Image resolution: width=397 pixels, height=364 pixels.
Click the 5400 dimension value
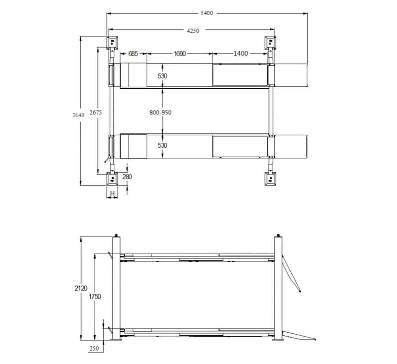(207, 13)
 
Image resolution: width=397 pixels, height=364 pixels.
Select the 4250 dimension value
(193, 31)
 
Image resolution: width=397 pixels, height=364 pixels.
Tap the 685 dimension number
(133, 54)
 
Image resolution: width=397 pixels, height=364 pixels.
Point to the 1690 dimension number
(180, 54)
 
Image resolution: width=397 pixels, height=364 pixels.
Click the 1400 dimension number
(240, 53)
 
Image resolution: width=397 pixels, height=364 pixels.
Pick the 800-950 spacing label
(160, 112)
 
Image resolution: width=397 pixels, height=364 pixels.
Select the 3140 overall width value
(78, 115)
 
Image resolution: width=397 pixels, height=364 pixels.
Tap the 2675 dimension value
(95, 112)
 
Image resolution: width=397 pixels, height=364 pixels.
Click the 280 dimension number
(127, 177)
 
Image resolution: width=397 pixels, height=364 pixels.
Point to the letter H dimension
(113, 193)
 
